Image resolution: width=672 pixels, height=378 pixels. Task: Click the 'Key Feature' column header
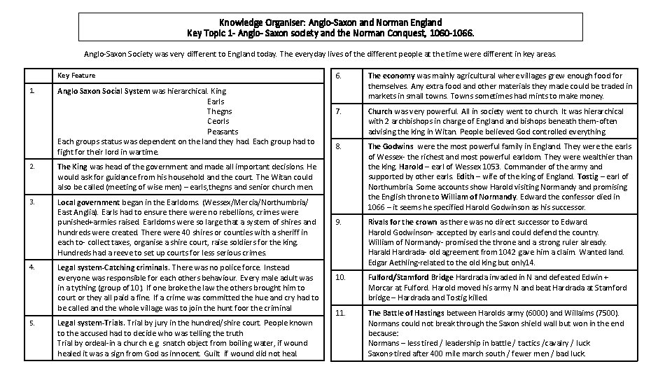point(76,75)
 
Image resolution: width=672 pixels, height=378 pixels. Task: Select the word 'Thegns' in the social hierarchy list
point(219,111)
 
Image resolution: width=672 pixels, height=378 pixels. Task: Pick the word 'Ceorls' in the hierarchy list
point(218,121)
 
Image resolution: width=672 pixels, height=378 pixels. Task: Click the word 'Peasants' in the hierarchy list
point(223,132)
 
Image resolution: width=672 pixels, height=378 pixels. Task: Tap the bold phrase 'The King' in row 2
point(72,167)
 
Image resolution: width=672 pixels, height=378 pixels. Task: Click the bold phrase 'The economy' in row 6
point(391,76)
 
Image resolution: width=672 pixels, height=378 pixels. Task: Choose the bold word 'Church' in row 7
point(380,111)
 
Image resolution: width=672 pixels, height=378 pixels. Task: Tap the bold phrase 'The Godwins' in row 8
point(391,147)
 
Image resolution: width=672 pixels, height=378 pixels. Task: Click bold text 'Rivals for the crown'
point(402,222)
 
